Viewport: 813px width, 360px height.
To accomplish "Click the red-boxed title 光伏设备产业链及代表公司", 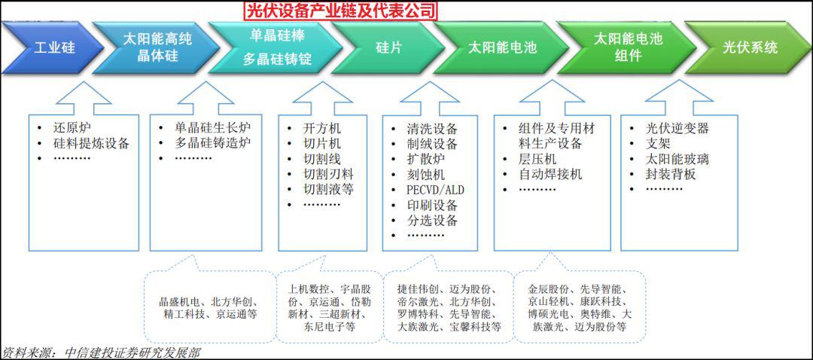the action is (340, 10).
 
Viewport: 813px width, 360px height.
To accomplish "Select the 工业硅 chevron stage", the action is (53, 48).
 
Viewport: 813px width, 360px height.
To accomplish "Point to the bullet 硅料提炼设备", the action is (91, 144).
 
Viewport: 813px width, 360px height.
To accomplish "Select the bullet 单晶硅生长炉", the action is (213, 127).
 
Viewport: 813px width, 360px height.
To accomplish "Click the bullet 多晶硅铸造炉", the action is (213, 143).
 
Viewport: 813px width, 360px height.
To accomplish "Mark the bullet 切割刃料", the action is (328, 174).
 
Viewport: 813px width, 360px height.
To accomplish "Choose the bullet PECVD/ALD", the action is (436, 190).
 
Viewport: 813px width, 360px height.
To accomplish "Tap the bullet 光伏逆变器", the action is (677, 128).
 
